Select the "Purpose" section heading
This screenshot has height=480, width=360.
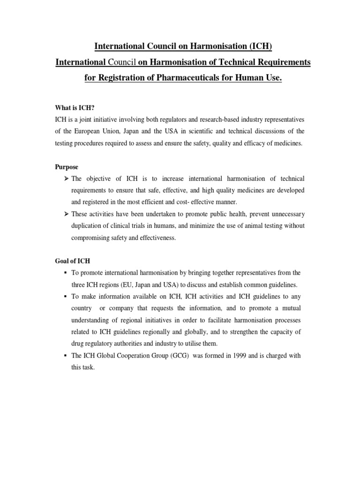click(67, 167)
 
